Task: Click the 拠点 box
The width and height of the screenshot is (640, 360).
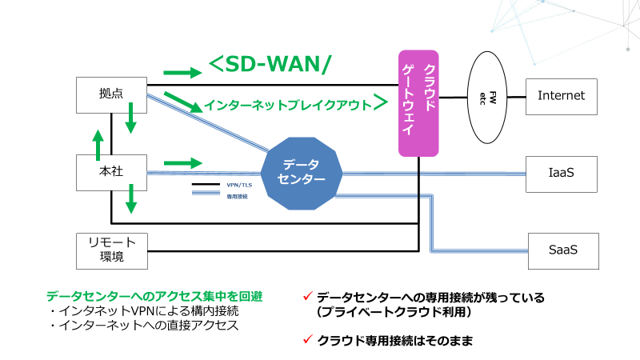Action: point(111,94)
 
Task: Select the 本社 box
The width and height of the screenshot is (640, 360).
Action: point(111,172)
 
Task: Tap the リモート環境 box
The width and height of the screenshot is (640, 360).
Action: point(111,250)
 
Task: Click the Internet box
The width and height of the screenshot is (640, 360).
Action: point(561,96)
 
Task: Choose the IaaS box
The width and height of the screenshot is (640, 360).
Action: point(561,172)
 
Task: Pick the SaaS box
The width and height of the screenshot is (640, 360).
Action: point(562,250)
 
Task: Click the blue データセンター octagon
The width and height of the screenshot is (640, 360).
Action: point(300,173)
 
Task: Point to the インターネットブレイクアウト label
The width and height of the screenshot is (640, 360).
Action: point(288,105)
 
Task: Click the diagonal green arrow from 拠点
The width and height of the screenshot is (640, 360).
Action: point(182,102)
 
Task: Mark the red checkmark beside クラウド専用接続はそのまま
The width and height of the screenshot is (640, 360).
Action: point(307,339)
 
